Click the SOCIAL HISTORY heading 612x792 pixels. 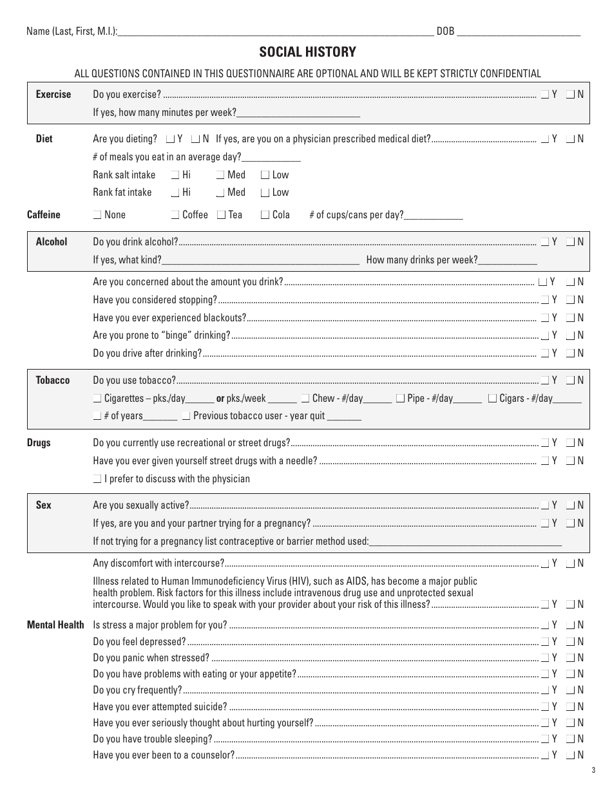[x=307, y=52]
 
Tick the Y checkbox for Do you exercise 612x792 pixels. [x=545, y=95]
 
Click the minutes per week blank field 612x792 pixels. [x=298, y=113]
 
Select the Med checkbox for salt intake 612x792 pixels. [x=220, y=175]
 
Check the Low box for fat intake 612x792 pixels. [x=265, y=193]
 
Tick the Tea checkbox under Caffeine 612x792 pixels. [x=222, y=215]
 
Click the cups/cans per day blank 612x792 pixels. [x=434, y=216]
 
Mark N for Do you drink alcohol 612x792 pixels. [x=570, y=242]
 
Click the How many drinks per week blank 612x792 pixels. [x=508, y=260]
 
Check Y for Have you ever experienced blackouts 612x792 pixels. [x=545, y=317]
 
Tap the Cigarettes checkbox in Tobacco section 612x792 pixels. [x=97, y=399]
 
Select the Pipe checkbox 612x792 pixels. [x=401, y=399]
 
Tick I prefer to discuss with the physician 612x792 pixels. [x=97, y=479]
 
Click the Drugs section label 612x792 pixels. [x=39, y=443]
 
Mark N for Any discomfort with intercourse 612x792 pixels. [x=570, y=563]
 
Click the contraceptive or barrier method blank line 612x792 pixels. [x=465, y=542]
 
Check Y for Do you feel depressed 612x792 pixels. [x=545, y=641]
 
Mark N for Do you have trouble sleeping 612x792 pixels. [x=570, y=739]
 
